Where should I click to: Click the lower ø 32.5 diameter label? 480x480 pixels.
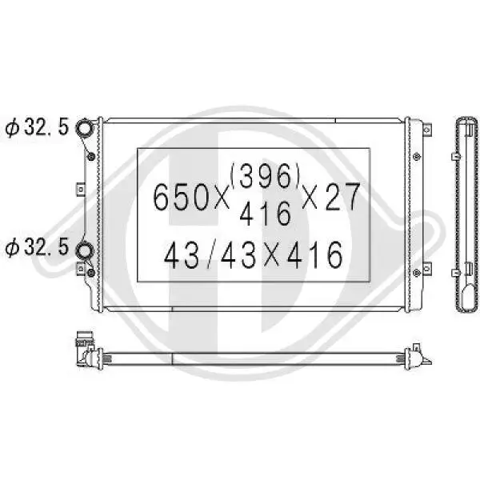[37, 247]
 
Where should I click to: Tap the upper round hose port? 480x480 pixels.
[84, 127]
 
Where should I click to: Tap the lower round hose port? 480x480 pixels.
[84, 250]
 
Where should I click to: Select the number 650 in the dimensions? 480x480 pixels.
[181, 197]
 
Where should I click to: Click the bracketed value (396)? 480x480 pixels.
[265, 176]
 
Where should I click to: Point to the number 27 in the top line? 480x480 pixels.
[342, 197]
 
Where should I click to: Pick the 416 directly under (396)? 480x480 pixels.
[265, 214]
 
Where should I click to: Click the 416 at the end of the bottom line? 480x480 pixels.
[314, 255]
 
